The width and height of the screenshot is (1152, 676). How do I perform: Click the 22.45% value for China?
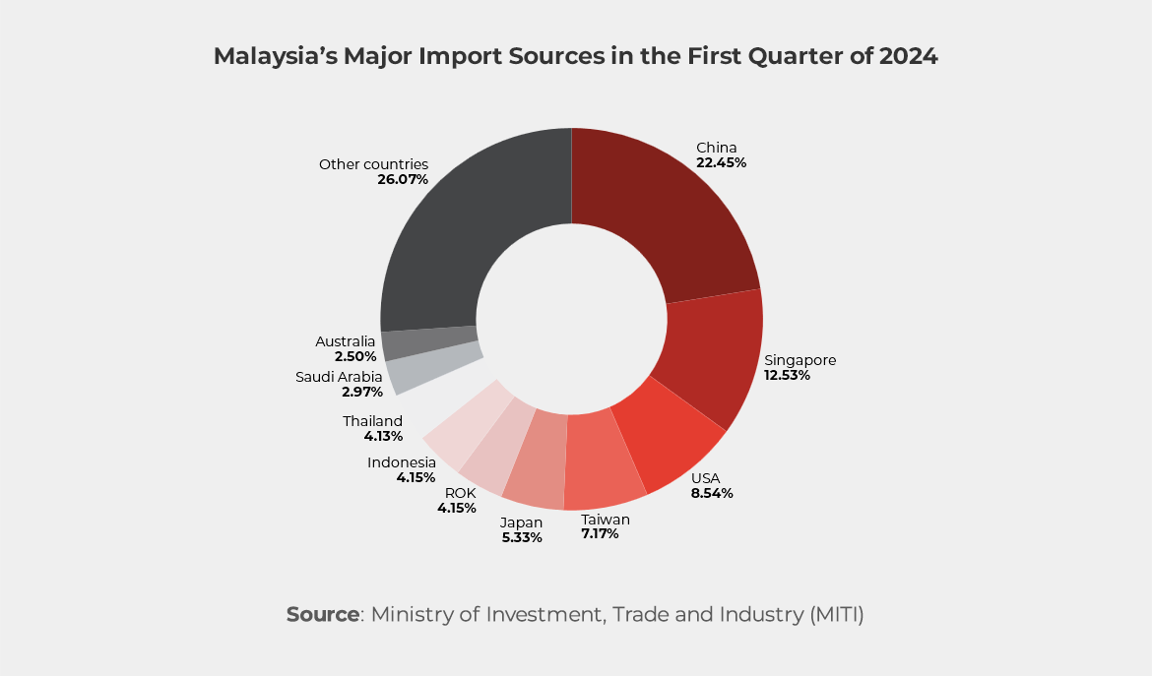coord(721,162)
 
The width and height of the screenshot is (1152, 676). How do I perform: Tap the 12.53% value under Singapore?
coord(787,375)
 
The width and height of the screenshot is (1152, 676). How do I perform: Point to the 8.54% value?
coord(712,493)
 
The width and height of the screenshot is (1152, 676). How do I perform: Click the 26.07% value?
coord(403,180)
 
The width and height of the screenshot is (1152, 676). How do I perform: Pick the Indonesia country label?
coord(402,462)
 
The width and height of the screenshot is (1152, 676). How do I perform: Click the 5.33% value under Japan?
coord(521,537)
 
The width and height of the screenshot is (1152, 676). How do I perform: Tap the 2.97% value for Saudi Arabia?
coord(362,392)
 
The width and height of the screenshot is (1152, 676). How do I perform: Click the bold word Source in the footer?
coord(323,615)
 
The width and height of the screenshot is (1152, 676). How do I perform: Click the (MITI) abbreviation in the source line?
coord(837,615)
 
